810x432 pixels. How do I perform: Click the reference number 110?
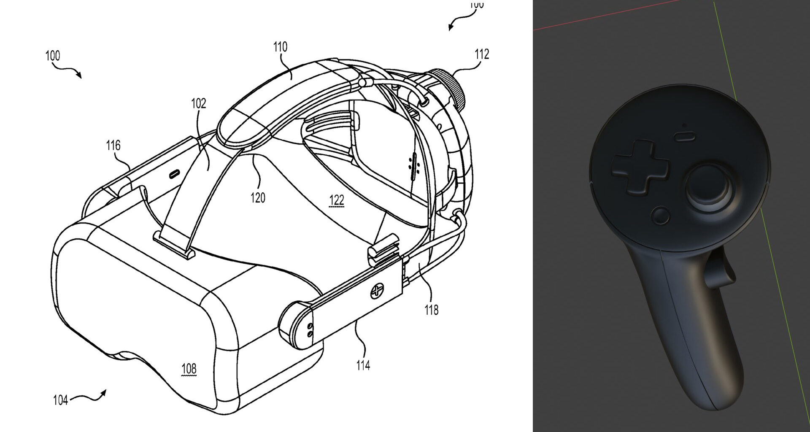coord(280,46)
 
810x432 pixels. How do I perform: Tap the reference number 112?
coord(482,54)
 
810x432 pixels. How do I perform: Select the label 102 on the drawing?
coord(198,103)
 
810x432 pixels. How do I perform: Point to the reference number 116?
coord(113,146)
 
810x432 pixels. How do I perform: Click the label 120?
coord(258,197)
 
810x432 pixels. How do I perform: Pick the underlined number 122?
coord(336,200)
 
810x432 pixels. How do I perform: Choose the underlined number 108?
coord(189,369)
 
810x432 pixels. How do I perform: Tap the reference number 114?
coord(363,365)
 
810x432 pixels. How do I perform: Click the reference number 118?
coord(431,310)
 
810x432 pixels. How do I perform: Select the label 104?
coord(60,400)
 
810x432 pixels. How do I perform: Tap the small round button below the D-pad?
coord(660,216)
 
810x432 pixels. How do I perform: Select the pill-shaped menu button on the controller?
coord(685,136)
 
